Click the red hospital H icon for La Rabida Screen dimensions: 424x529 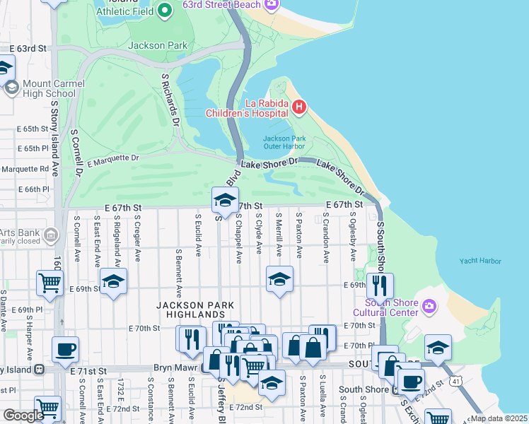298,107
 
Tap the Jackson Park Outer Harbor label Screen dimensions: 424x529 284,142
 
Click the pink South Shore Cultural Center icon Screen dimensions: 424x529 429,305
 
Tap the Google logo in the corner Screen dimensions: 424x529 23,416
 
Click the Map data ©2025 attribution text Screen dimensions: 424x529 498,418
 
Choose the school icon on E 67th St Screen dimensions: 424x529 225,200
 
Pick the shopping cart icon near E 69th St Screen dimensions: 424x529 49,283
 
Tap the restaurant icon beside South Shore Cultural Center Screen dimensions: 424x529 380,285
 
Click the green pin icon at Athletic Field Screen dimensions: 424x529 165,10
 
